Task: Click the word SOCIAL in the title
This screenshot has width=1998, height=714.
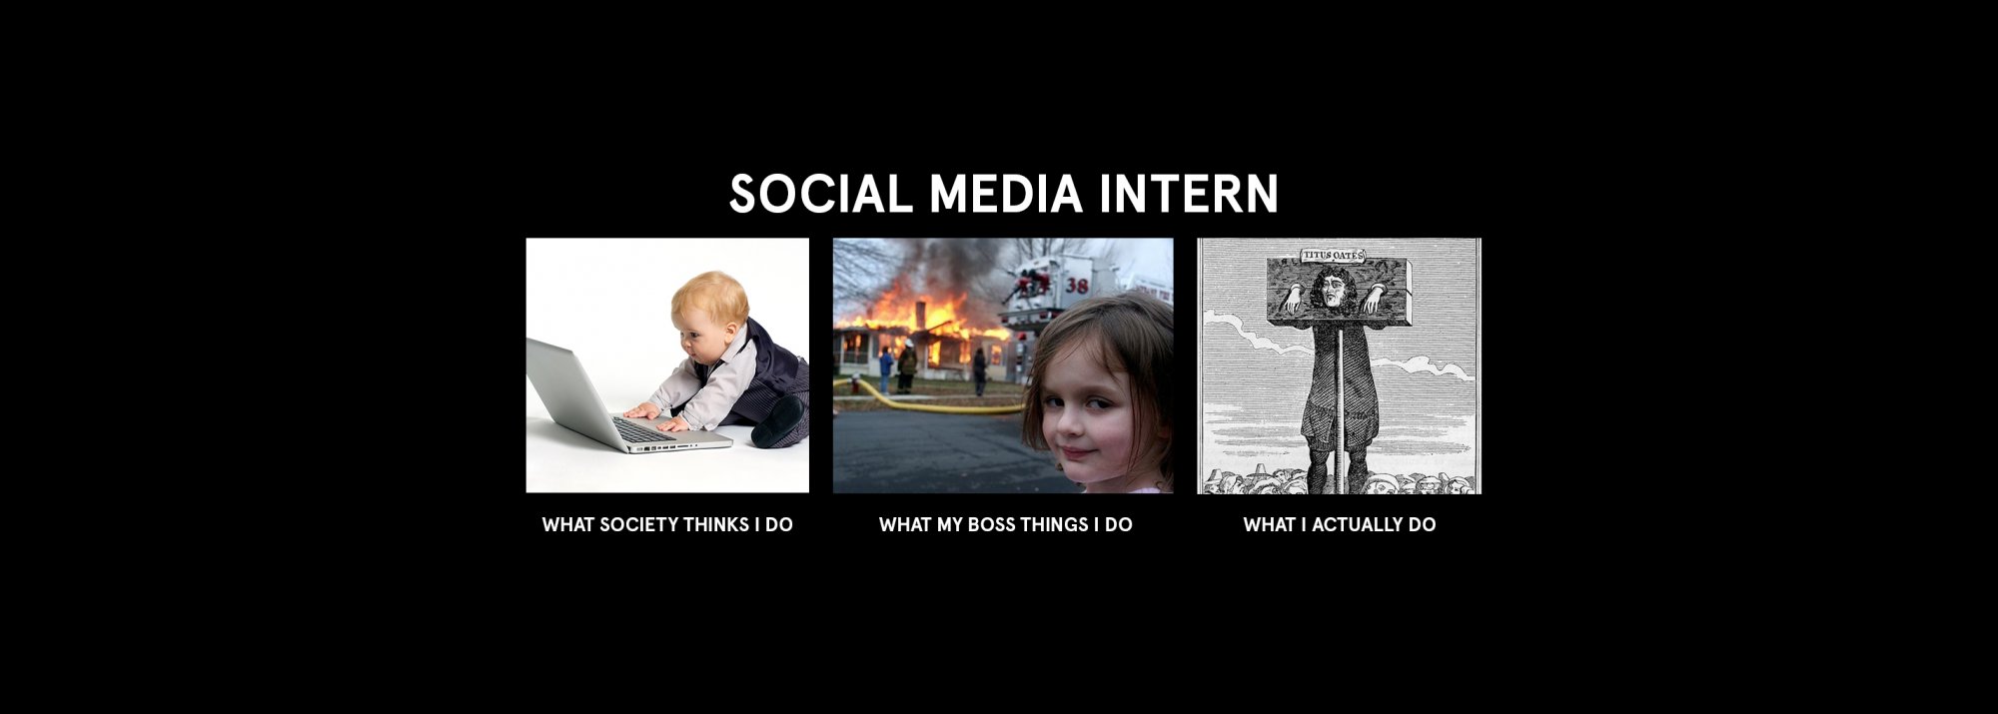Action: tap(820, 194)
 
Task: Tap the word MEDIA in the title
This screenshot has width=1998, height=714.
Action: tap(1006, 194)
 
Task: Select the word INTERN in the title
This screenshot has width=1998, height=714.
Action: tap(1189, 194)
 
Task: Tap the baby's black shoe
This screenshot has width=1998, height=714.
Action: tap(779, 421)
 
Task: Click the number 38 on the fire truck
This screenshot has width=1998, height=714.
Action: tap(1077, 286)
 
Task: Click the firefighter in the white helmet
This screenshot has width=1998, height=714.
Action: tap(907, 365)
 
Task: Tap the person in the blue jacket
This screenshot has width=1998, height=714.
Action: tap(886, 369)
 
